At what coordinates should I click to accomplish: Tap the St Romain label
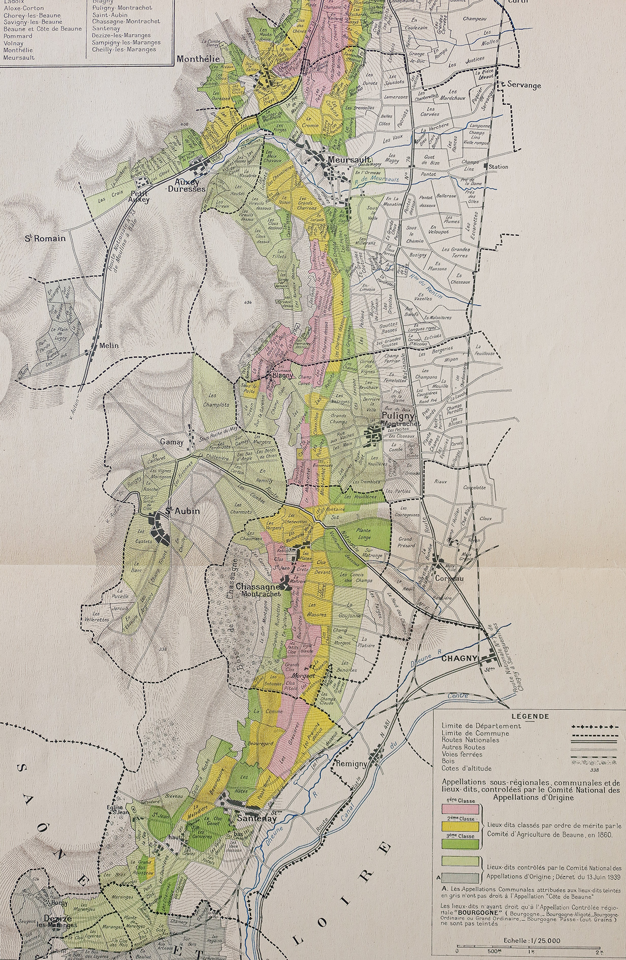tap(46, 238)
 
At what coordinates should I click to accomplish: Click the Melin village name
tap(108, 345)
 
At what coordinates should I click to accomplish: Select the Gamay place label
tap(172, 442)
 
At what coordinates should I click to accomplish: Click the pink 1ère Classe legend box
tap(460, 807)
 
